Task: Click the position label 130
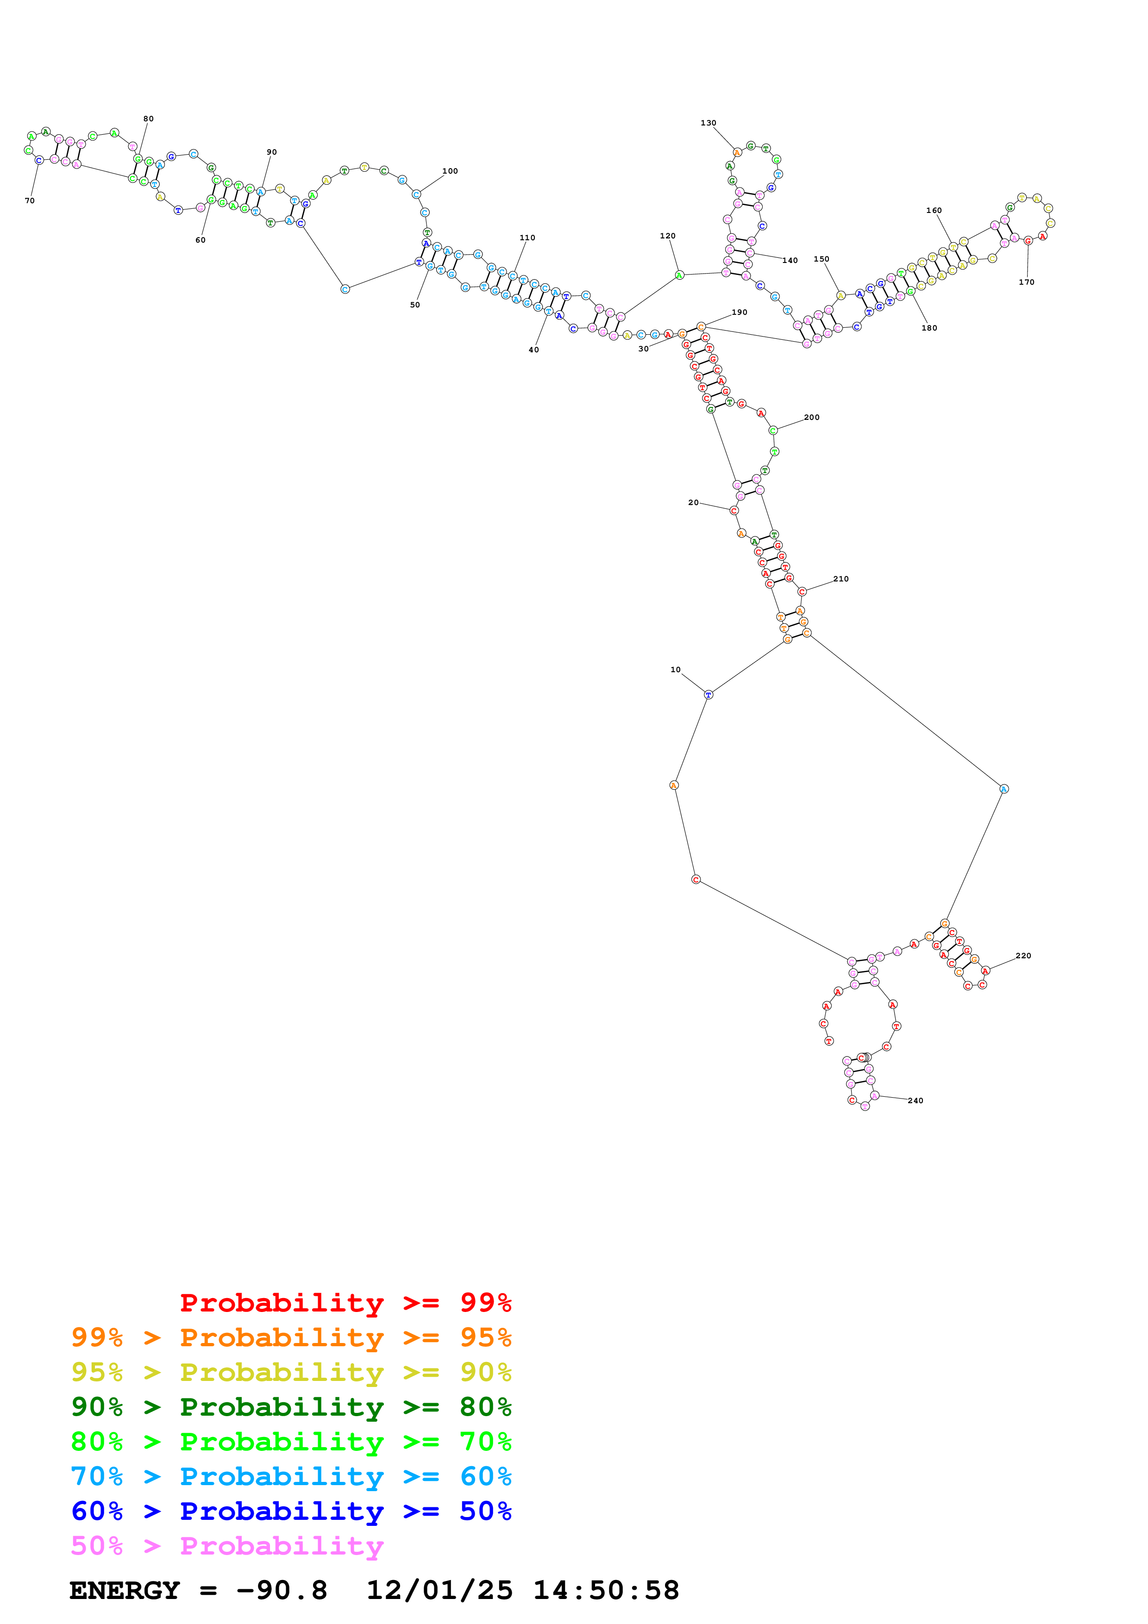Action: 708,123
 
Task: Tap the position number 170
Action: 1026,282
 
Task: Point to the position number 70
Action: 30,201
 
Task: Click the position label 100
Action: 450,171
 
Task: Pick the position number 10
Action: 676,670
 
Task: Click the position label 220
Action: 1023,956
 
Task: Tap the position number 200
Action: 812,417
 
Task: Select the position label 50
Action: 415,305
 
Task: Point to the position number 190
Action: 740,312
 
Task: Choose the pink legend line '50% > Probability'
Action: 227,1545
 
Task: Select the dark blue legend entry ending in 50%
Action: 291,1511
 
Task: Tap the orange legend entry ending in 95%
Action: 291,1337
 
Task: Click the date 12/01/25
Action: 439,1590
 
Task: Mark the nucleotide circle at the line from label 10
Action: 709,694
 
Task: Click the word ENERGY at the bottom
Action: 125,1590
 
